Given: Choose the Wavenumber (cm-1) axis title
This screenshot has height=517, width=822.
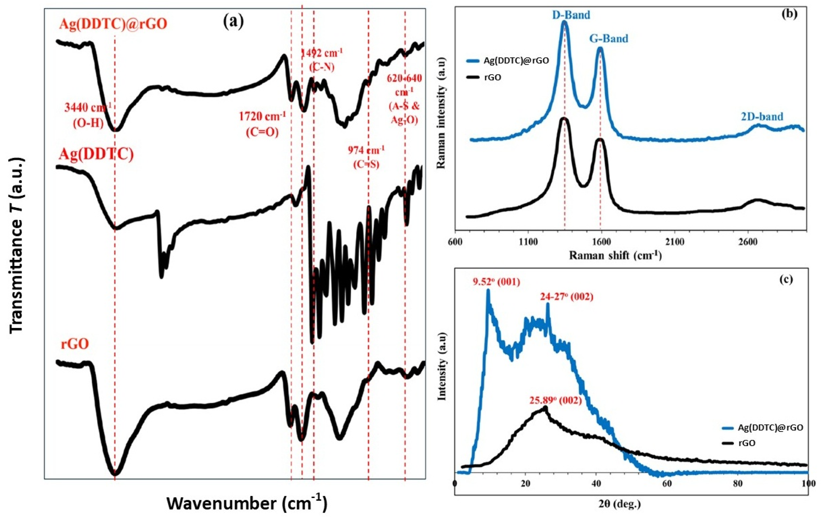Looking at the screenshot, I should (247, 503).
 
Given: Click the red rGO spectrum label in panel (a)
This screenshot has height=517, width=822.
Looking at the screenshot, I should (75, 344).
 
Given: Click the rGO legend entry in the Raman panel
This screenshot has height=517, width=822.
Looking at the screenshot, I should (492, 77).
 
